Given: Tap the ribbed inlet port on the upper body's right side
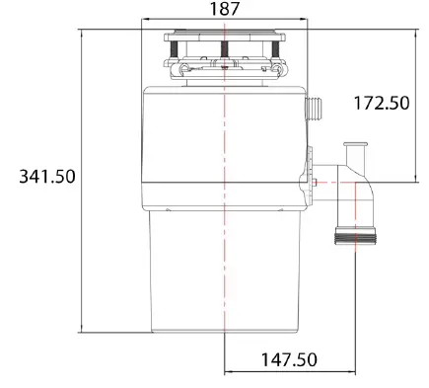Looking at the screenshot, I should (317, 108).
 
